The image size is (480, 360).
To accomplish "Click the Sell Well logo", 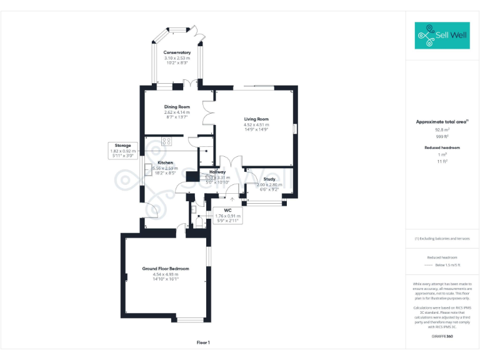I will pos(442,36).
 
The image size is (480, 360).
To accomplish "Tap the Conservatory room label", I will pos(177,52).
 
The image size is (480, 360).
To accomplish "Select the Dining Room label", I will pos(177,107).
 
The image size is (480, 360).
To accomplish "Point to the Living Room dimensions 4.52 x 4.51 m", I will pos(256,124).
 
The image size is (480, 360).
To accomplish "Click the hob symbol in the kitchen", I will pos(167,141).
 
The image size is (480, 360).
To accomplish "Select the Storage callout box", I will pos(122,151).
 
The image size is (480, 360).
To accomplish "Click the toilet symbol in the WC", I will pos(199,221).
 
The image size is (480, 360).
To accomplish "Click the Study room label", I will pos(269,179).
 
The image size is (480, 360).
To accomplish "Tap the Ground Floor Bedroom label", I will pos(165,269).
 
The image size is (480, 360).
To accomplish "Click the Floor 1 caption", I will pos(203,342).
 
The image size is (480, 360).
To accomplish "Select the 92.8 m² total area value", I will pos(442,129).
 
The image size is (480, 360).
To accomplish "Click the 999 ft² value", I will pos(442,136).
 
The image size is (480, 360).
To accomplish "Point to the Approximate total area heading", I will pos(441,122).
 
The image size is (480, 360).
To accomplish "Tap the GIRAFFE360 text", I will pos(442,337).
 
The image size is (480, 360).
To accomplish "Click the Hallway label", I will pos(217,172).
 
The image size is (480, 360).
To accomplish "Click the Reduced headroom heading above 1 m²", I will pos(442,147).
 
